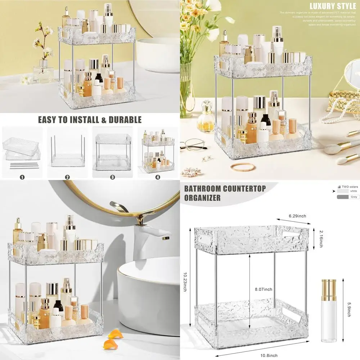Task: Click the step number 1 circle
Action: click(22, 177)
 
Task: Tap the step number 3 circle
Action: click(112, 177)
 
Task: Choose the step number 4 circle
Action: click(157, 177)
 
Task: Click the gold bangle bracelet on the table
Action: click(243, 166)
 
